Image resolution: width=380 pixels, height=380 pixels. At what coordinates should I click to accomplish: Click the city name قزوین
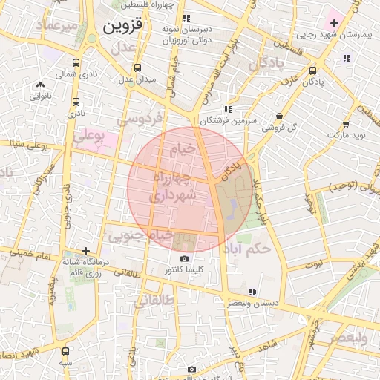(118, 30)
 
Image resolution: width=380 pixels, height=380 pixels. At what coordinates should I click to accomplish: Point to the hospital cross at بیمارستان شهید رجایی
(334, 24)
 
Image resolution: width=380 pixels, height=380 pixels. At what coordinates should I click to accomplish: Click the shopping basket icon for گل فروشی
(278, 117)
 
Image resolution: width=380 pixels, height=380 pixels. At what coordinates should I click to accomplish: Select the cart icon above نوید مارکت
(346, 125)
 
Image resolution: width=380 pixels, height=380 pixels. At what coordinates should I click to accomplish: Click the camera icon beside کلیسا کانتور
(184, 258)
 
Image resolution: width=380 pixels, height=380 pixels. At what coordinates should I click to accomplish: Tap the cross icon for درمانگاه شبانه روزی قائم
(86, 252)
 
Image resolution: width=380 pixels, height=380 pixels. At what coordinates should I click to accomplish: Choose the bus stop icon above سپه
(66, 351)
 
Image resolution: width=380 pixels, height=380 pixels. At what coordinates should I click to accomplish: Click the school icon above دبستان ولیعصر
(252, 292)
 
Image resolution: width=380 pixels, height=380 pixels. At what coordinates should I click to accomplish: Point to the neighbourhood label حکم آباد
(251, 249)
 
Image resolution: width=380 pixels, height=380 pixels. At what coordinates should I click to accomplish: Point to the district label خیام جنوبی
(141, 235)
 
